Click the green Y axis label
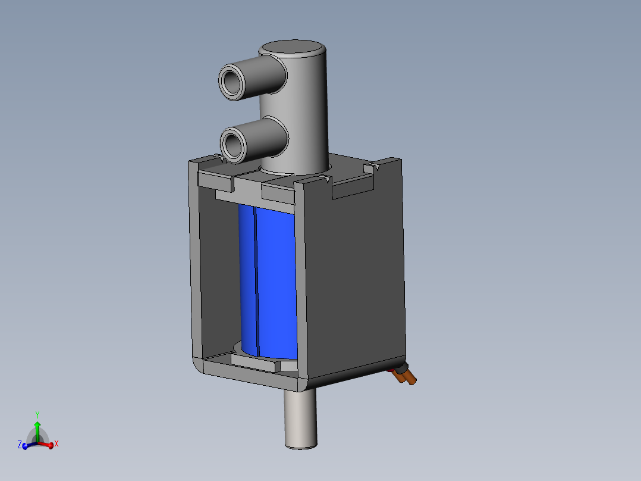point(37,415)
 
